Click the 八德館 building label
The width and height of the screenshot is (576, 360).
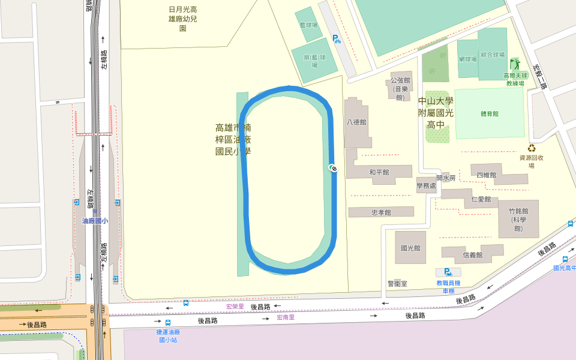click(x=356, y=122)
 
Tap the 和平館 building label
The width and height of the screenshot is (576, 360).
click(x=379, y=172)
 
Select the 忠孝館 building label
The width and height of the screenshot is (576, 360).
click(x=381, y=212)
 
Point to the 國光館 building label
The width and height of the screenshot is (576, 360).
click(x=410, y=248)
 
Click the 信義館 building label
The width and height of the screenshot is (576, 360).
click(x=473, y=255)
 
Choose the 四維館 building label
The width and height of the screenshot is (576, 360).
click(x=486, y=175)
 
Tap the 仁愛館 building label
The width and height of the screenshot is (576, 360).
click(x=481, y=199)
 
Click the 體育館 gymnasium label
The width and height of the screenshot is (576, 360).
click(x=490, y=113)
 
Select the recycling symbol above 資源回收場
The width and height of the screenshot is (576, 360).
click(x=531, y=148)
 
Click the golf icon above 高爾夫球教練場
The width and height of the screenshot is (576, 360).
click(x=515, y=64)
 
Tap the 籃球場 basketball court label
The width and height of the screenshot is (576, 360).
click(x=307, y=25)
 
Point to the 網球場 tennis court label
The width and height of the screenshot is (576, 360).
click(x=467, y=59)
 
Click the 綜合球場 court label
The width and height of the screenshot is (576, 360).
click(x=493, y=54)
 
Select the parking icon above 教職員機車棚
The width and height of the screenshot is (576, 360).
click(x=448, y=272)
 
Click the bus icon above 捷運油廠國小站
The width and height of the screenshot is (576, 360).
click(x=168, y=322)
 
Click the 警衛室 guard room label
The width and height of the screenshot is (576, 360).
click(x=397, y=283)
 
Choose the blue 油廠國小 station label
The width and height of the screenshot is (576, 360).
click(x=95, y=221)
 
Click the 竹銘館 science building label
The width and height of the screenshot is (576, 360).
click(x=518, y=220)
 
